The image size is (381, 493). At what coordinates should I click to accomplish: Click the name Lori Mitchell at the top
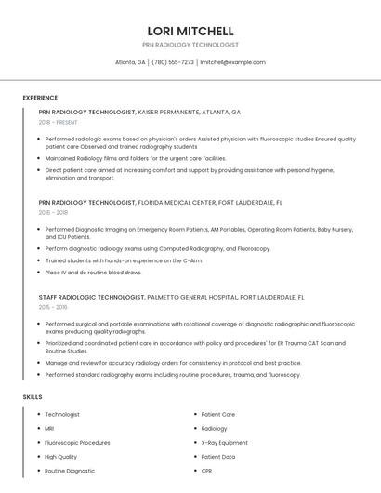[190, 31]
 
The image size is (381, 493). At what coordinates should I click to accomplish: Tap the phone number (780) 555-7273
[173, 62]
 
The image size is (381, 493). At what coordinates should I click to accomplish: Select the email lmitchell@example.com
[232, 62]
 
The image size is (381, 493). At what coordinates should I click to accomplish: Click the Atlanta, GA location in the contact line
[130, 62]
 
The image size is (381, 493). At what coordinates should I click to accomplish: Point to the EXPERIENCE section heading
[40, 98]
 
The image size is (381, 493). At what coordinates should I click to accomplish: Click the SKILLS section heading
[32, 397]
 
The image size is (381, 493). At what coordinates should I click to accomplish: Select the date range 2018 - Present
[59, 122]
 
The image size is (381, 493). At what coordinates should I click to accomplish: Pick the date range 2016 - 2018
[53, 212]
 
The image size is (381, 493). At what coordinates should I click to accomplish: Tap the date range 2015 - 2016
[53, 306]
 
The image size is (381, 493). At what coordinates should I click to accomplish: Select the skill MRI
[49, 429]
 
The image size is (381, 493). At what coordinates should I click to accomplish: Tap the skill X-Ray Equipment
[225, 443]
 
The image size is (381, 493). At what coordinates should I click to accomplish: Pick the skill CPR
[207, 472]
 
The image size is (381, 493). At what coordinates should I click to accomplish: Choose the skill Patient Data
[218, 457]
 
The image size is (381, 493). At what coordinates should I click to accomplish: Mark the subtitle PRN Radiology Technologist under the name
[190, 45]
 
